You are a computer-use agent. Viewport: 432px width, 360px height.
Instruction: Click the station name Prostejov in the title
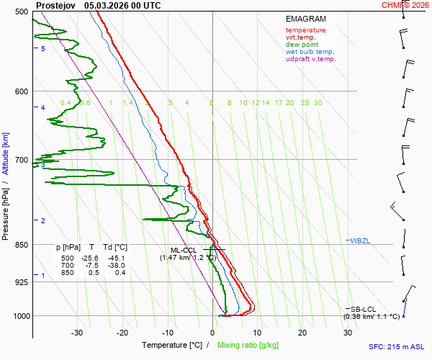pos(54,5)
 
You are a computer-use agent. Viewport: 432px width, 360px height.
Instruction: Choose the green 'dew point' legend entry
pos(302,45)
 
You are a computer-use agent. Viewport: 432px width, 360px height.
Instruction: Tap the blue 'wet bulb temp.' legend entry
pos(310,52)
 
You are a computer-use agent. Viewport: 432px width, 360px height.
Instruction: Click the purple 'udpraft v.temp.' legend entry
pos(311,59)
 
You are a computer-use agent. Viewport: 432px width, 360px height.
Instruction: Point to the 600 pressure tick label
pos(20,91)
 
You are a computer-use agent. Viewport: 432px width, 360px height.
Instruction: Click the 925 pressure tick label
pos(20,282)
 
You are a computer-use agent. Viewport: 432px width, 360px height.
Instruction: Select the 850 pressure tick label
pos(20,245)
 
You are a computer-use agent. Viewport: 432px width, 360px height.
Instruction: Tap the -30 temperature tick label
pos(77,333)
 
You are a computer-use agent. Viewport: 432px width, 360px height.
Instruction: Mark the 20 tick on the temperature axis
pos(302,333)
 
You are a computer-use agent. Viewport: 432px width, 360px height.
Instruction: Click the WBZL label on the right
pos(360,240)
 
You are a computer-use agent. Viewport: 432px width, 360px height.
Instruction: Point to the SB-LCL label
pos(364,309)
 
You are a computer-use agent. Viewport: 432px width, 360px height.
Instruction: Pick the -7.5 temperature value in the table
pos(91,266)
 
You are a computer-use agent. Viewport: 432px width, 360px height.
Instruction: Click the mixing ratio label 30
pos(318,103)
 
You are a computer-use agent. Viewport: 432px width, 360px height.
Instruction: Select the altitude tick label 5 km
pos(43,48)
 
